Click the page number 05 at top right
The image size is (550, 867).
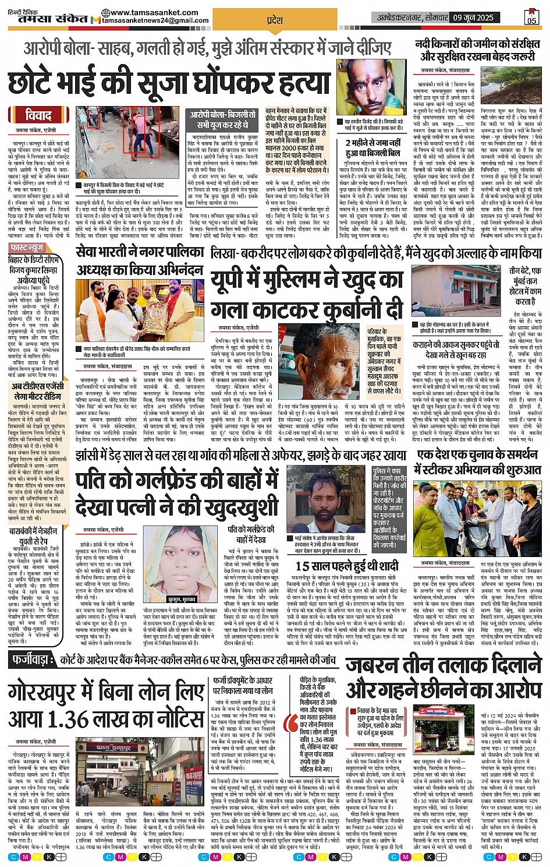coord(531,17)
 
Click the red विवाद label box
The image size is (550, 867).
coord(38,114)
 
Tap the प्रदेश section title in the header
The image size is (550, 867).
coord(274,20)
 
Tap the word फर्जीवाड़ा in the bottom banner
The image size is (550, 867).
coord(33,660)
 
